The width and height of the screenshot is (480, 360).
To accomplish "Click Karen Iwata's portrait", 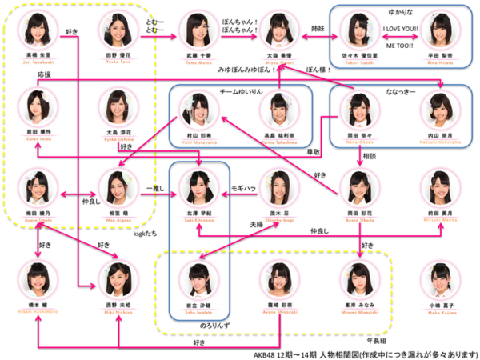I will coord(37,106).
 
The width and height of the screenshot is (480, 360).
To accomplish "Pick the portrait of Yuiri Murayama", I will coord(196,107).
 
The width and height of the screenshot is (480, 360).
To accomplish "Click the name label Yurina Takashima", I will coord(278,134).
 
